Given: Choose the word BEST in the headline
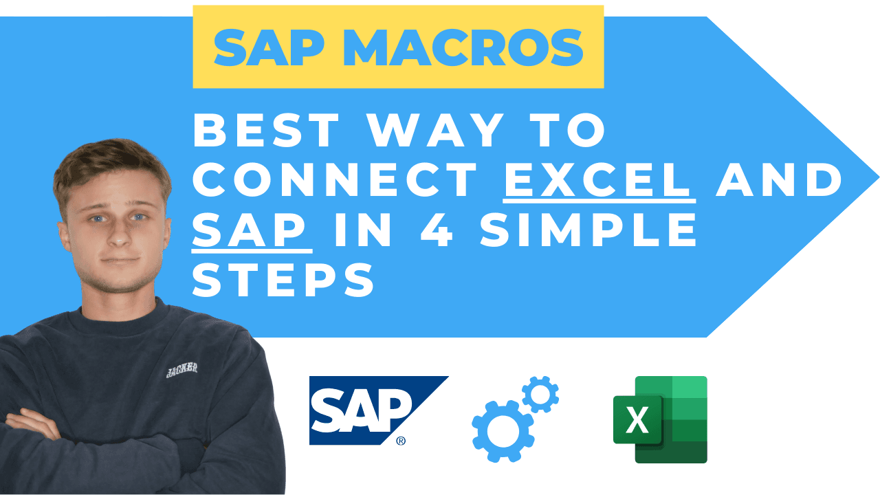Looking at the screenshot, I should point(266,131).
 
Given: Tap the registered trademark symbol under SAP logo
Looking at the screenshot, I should point(401,441).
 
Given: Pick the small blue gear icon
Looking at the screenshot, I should point(540,394).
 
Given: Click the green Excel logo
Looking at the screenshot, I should point(661,419).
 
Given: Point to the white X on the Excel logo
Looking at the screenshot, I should point(637,420).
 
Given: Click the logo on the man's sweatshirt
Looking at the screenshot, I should point(182,369).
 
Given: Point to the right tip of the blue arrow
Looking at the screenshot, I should point(877,177).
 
